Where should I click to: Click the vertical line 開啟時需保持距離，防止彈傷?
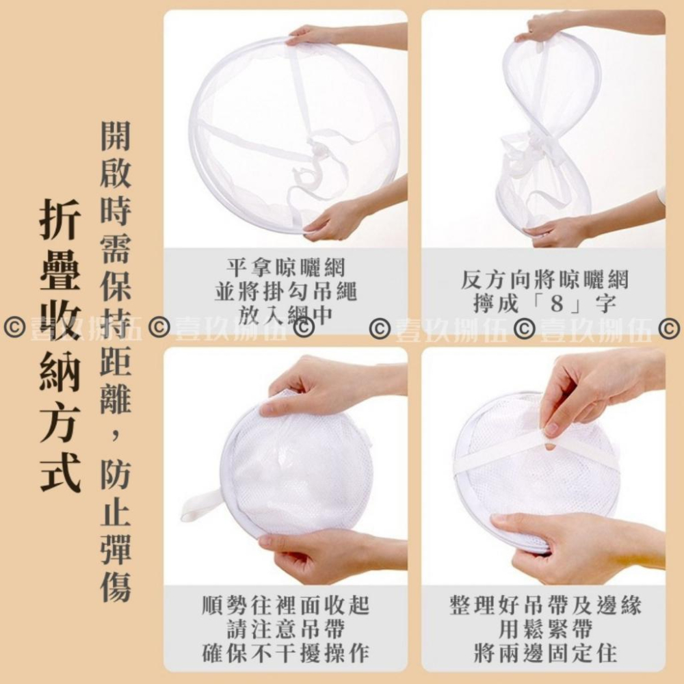[x=116, y=362]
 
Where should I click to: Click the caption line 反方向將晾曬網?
[x=544, y=280]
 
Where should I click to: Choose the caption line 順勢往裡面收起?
[x=286, y=605]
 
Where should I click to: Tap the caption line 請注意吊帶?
[x=286, y=629]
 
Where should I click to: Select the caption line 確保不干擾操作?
[x=286, y=653]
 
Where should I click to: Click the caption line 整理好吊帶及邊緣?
[x=545, y=605]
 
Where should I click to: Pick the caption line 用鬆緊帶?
[x=545, y=629]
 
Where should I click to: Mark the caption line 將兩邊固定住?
[x=545, y=653]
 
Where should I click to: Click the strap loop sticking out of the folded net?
[x=202, y=506]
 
